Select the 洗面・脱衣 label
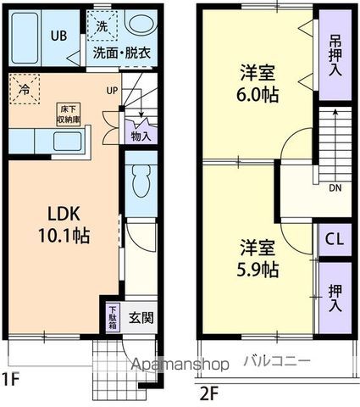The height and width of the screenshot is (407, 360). (121, 51)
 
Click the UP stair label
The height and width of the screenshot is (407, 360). (112, 91)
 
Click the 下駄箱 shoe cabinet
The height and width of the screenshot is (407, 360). (113, 317)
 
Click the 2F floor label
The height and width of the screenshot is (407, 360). (209, 393)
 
